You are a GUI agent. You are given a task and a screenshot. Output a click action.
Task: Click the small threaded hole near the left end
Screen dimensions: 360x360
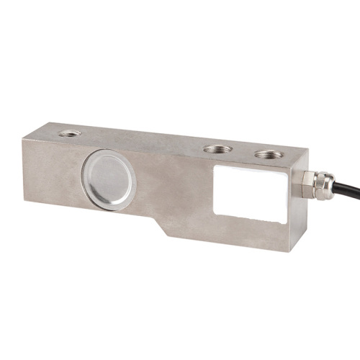coord(70,133)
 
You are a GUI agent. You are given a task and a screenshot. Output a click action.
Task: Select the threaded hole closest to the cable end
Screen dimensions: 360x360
coord(268,154)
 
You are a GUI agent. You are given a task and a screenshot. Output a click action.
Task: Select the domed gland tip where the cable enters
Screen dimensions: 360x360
coord(325,187)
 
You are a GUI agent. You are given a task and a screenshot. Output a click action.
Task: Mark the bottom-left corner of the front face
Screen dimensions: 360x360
coord(23,202)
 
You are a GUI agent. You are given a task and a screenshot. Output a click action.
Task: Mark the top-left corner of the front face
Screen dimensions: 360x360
coord(22,140)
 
